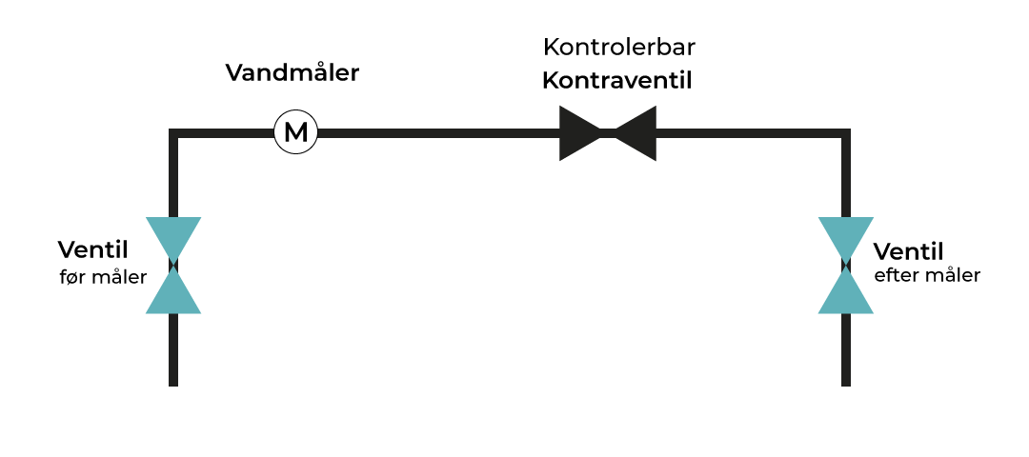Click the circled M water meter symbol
pos(296,132)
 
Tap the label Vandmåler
pos(292,73)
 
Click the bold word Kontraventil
pos(616,81)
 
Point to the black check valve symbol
pos(608,132)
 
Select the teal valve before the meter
pos(173,266)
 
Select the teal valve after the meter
pos(846,266)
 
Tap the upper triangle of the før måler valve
pos(173,235)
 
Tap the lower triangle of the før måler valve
pos(173,295)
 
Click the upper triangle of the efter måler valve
pos(846,235)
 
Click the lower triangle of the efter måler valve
pos(846,295)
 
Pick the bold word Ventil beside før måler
pos(92,250)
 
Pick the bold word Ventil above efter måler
pos(908,252)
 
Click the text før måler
pos(103,277)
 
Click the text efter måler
pos(927,276)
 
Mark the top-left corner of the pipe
pos(173,133)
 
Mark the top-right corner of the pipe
pos(846,133)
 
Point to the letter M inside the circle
pos(296,132)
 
